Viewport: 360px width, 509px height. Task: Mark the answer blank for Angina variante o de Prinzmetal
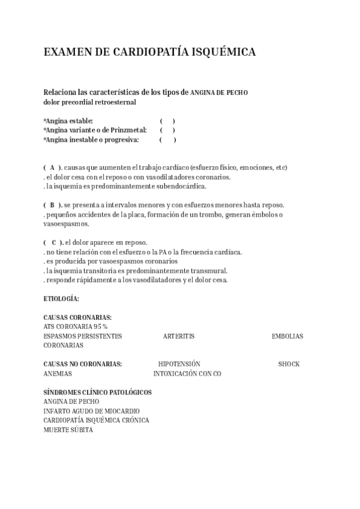167,130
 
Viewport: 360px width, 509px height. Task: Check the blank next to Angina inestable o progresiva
167,140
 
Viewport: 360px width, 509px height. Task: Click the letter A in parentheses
52,167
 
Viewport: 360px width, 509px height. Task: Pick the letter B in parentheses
52,205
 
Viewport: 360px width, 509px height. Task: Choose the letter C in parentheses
53,242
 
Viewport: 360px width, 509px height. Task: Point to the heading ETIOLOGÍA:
61,298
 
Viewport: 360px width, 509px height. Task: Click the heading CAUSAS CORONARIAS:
77,318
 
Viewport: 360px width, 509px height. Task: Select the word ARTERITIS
178,336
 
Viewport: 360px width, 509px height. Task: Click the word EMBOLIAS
287,336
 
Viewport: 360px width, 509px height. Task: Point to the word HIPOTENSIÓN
179,364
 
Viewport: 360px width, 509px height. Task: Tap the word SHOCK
289,364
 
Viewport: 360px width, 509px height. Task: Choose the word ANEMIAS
58,373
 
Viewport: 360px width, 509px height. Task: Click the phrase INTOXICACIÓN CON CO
187,373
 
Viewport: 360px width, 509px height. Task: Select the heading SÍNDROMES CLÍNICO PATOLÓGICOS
97,393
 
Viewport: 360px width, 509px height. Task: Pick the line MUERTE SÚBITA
68,430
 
